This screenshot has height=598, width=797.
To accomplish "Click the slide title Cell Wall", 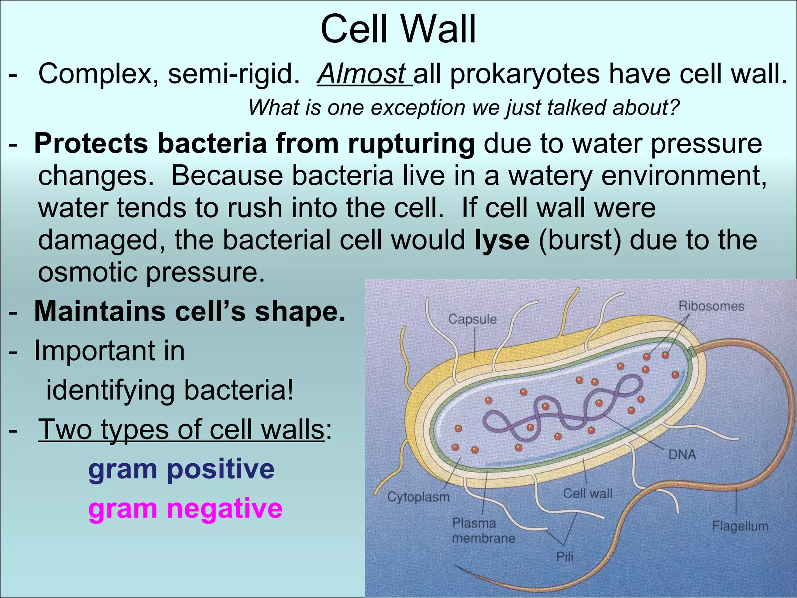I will pos(398,30).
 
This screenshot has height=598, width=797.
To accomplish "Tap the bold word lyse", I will pos(502,240).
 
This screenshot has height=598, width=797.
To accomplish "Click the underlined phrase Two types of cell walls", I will pos(181,429).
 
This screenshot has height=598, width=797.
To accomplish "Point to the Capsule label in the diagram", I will pos(472,319).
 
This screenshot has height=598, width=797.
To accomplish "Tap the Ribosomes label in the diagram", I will pos(711,306).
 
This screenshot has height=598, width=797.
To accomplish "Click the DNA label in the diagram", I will pos(682,454).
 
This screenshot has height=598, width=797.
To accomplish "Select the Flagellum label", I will pos(740,526).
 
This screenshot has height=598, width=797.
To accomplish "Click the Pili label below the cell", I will pos(565,557).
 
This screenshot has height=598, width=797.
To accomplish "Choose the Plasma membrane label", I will pos(483,531).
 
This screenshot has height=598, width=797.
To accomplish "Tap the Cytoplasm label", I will pos(418,497).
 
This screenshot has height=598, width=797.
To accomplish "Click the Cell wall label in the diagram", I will pos(588,494).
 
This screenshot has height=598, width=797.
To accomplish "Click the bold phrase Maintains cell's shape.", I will pos(190,312).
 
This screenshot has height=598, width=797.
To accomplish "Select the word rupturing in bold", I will pos(411,143).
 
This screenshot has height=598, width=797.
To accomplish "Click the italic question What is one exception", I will pos(463,107).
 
